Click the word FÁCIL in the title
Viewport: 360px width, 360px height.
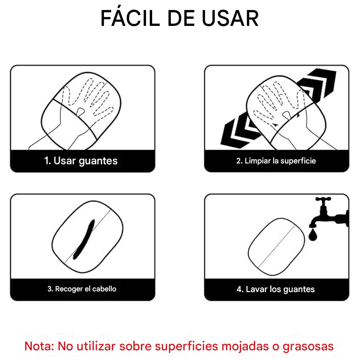tap(130, 19)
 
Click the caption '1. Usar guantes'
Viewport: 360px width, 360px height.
tap(81, 161)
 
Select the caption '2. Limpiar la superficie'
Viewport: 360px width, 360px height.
tap(276, 161)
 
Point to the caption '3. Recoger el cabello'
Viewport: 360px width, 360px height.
tap(82, 289)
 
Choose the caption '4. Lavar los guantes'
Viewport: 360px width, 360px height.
tap(275, 289)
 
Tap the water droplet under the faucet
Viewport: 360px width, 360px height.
tap(313, 236)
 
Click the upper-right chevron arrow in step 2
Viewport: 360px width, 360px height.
tap(318, 85)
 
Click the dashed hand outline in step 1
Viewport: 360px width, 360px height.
tap(88, 97)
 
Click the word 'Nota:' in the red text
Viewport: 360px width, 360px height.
tap(39, 346)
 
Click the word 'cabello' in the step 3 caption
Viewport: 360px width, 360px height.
tap(104, 289)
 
